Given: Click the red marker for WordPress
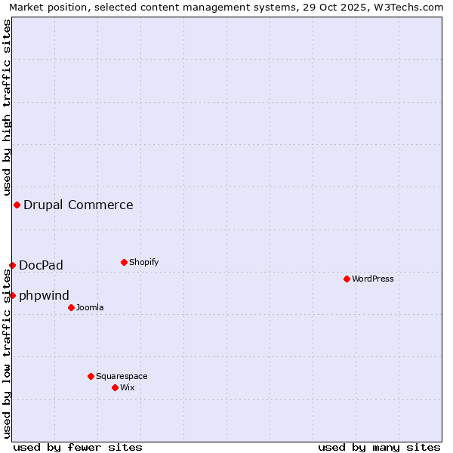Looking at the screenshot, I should (347, 279).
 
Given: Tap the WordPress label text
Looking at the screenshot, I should (372, 279).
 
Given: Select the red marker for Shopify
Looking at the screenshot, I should (124, 262).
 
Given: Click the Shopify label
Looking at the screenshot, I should (143, 262).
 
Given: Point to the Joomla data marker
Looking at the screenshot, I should (71, 307).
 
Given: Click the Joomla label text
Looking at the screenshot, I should (90, 307).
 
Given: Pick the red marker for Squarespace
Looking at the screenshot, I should (91, 376).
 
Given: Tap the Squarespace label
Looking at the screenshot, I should (122, 376).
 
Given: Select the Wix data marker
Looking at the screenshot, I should (115, 387).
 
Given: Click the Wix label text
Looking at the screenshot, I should (127, 387).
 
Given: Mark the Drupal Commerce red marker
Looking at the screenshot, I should (17, 205).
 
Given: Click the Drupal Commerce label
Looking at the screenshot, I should (78, 205).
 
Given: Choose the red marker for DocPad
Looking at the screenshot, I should (12, 265).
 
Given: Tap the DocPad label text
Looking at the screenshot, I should (41, 265).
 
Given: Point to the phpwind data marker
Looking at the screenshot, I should (12, 295).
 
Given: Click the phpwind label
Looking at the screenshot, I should (44, 295).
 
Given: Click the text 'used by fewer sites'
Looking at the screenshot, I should (78, 447).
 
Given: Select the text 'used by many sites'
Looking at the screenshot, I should (379, 447).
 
